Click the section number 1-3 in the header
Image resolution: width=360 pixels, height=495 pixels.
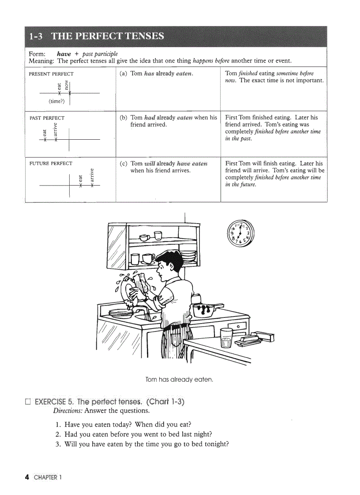pos(37,36)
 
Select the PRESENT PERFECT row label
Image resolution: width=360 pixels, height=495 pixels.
pos(51,74)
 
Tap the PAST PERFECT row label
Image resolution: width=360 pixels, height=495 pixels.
pos(47,118)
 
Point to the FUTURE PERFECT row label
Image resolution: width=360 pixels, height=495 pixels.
pos(51,164)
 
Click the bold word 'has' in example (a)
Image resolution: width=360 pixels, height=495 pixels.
pos(149,74)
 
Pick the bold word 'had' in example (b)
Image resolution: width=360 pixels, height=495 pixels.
pos(150,118)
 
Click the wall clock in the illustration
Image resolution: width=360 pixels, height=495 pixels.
pos(240,234)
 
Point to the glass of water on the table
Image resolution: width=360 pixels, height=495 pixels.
pos(226,338)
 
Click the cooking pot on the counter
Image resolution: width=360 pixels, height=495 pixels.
pos(205,309)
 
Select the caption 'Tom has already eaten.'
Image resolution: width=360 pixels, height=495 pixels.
pos(179,380)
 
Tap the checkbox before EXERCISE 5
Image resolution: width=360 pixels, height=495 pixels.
pos(28,402)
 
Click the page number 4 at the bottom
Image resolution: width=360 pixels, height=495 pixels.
pos(27,477)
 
